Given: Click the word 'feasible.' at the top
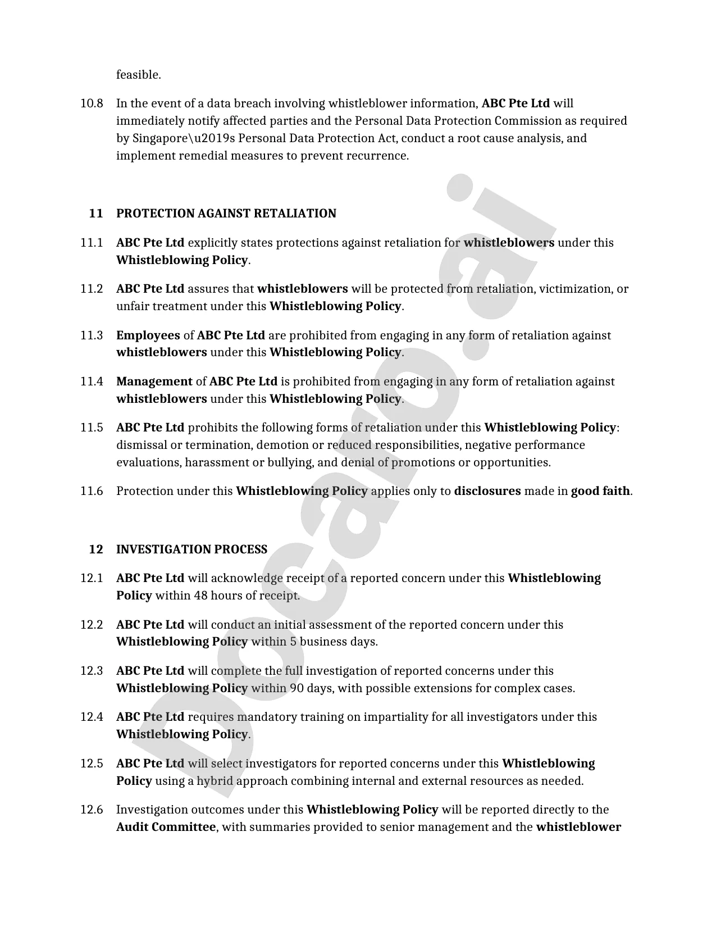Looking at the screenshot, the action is pos(138,75).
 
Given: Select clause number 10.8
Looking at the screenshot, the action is pos(92,103).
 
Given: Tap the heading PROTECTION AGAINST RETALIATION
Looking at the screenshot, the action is pos(226,213).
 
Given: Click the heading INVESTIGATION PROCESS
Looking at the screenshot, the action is pos(191,549).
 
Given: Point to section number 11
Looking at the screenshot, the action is pos(96,213).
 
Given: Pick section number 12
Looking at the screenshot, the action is pos(96,549).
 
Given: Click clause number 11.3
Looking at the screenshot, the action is pos(92,335).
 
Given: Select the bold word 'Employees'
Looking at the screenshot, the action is pos(148,335).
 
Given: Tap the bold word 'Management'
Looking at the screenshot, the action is pos(154,381).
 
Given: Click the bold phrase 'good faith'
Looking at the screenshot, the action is pos(600,491).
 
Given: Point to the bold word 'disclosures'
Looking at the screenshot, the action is pos(487,491).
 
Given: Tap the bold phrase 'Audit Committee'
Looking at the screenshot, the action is pos(166,827).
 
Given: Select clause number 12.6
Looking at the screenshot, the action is pos(92,810).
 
